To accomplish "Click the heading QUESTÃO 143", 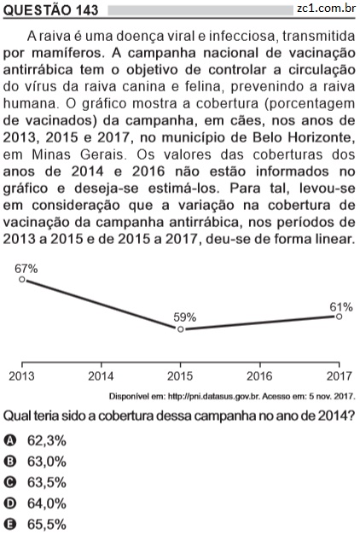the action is pos(51,10).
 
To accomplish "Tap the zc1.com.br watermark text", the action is pos(326,9).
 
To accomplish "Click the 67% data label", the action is pos(26,269).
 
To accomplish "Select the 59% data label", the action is pos(184,317).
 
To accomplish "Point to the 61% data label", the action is pos(340,307).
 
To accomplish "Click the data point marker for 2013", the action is pos(22,279).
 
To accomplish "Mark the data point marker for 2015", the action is pos(181,329).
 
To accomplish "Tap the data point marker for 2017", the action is pos(339,317).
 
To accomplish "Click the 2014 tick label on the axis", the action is pos(101,376).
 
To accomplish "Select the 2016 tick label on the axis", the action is pos(259,376).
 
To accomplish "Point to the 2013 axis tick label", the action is pos(21,376).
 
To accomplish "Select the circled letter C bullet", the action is pos(9,482).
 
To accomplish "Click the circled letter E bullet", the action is pos(9,525).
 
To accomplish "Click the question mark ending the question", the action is pos(351,416).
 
